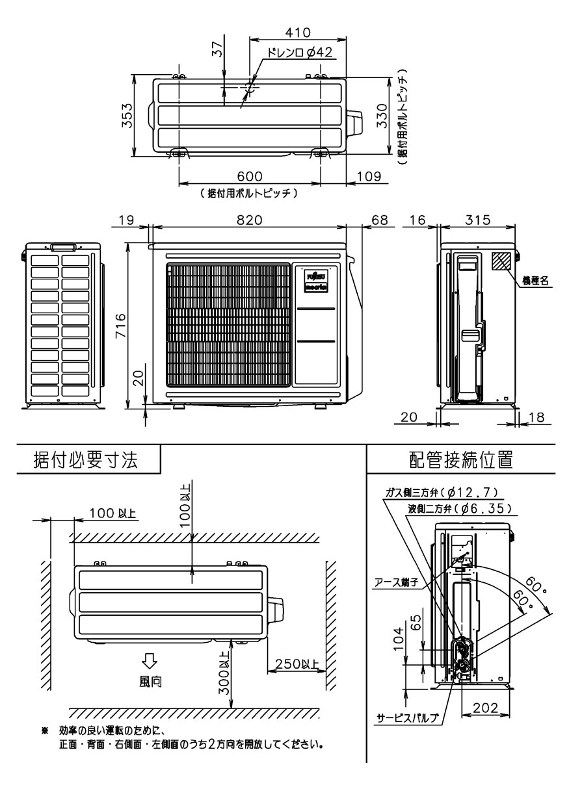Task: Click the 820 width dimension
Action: pyautogui.click(x=249, y=220)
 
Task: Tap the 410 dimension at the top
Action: pyautogui.click(x=298, y=31)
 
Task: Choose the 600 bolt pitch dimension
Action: pyautogui.click(x=249, y=177)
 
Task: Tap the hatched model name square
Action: pyautogui.click(x=501, y=261)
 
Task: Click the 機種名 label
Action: pyautogui.click(x=536, y=281)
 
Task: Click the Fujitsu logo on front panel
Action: pyautogui.click(x=315, y=276)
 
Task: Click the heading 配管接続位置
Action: pyautogui.click(x=460, y=460)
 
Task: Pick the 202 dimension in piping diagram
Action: pyautogui.click(x=485, y=709)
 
